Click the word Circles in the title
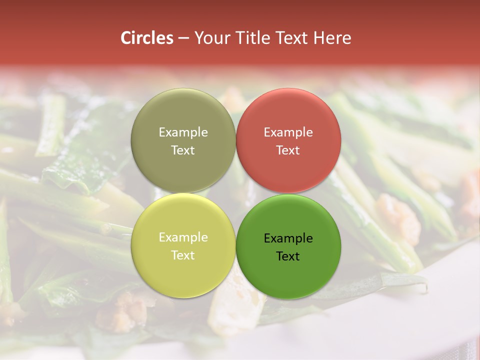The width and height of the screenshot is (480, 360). tap(146, 38)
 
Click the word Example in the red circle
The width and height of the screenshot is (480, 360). tap(288, 132)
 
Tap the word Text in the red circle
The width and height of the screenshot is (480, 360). tap(288, 150)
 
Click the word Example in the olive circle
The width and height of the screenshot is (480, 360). tap(183, 132)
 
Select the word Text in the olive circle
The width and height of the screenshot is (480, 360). tap(183, 150)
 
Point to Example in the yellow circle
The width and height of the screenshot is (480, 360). tap(183, 237)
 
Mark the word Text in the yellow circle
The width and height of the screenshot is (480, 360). tap(183, 255)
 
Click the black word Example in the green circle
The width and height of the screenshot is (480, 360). tap(288, 238)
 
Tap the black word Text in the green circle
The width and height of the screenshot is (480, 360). tap(288, 256)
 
